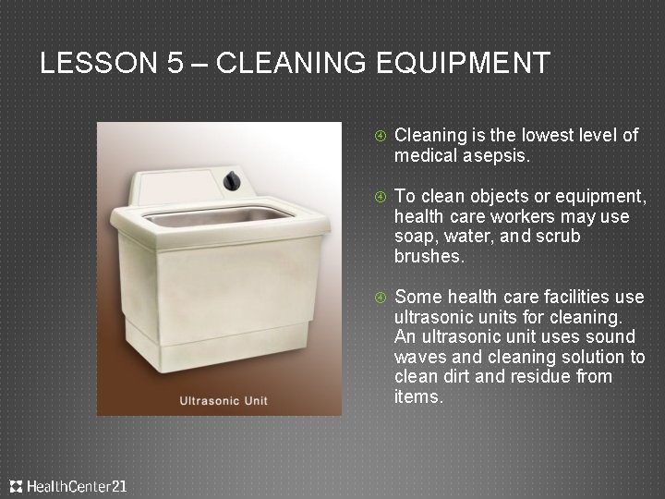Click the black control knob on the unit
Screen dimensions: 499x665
pyautogui.click(x=228, y=181)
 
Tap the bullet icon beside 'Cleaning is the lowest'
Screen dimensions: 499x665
pyautogui.click(x=379, y=136)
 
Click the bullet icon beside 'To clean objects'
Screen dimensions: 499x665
pyautogui.click(x=379, y=197)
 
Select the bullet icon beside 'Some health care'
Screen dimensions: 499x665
pyautogui.click(x=379, y=298)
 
